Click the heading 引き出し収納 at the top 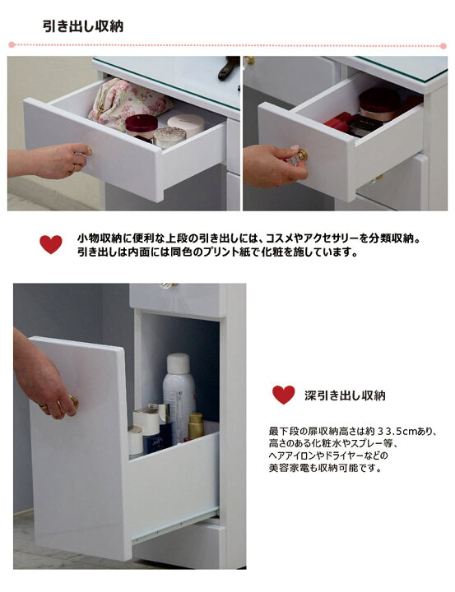83,26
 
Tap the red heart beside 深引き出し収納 283,395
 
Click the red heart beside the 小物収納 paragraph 51,244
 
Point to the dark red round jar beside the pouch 141,127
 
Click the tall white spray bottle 179,396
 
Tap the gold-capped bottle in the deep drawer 196,426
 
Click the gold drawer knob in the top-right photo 301,155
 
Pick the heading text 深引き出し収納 345,395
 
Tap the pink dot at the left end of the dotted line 12,45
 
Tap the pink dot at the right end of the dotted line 443,46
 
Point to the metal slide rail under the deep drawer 174,524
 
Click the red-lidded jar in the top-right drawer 378,103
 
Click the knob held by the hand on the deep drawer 74,402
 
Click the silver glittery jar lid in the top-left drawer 169,135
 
